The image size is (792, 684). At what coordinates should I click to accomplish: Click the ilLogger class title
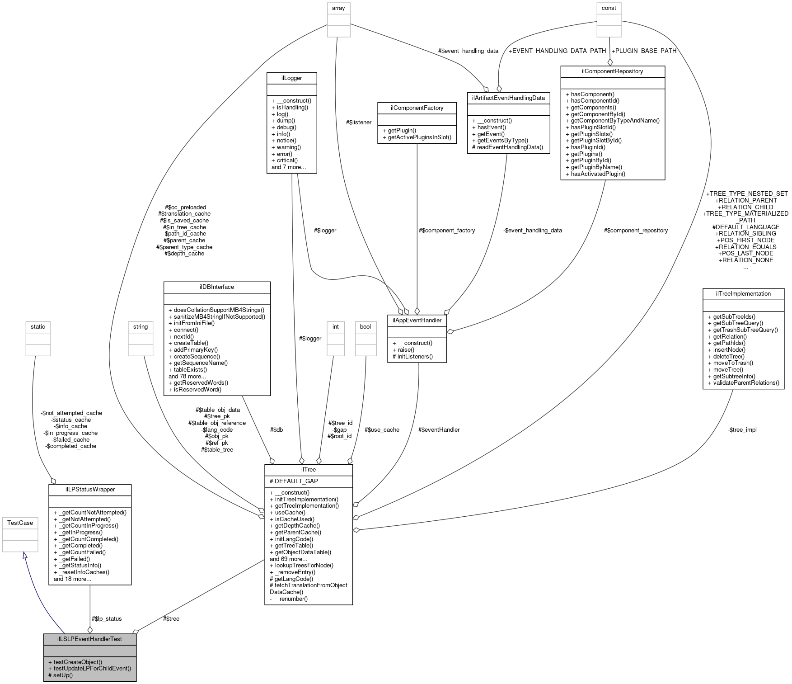291,78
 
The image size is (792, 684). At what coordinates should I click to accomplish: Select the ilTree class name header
309,470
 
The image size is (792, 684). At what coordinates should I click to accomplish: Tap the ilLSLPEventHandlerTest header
89,639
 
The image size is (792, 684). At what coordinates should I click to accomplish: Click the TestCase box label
20,523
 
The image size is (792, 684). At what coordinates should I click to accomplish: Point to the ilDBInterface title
217,287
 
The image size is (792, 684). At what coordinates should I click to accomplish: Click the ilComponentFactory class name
417,108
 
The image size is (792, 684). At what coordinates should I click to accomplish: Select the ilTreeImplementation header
743,294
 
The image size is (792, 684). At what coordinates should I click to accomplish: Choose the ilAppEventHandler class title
417,321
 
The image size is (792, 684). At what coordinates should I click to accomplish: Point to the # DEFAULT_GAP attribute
294,481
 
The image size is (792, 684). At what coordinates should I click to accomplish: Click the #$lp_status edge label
107,619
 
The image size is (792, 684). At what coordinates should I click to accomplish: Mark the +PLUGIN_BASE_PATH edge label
644,51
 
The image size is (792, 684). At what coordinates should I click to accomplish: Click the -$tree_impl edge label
742,430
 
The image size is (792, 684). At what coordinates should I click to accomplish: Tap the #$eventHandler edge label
439,430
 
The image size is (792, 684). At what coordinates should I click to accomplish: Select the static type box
38,327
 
